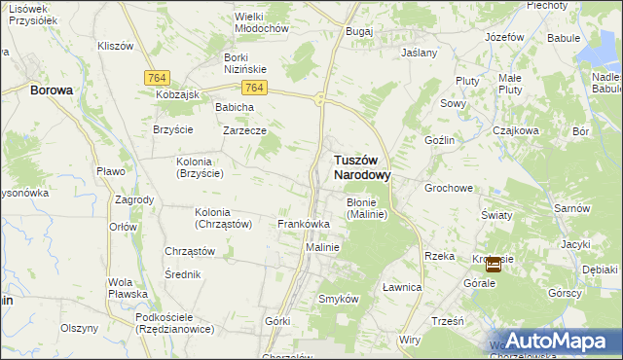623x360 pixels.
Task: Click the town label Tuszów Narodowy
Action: click(x=349, y=166)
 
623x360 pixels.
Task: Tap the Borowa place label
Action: click(x=52, y=90)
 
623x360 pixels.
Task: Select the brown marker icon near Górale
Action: click(x=494, y=263)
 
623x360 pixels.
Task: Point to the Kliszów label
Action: click(x=116, y=46)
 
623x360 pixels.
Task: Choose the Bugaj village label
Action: click(x=359, y=31)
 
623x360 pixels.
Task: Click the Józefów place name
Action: click(x=504, y=36)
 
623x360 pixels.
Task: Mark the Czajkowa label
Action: click(x=515, y=129)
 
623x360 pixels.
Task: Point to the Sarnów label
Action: click(x=571, y=208)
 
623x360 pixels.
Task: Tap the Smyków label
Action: click(x=340, y=299)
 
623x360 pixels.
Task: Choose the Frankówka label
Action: click(x=304, y=224)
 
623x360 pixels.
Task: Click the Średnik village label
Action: click(x=183, y=274)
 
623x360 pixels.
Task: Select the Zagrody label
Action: click(x=134, y=199)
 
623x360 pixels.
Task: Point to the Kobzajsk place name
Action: click(x=177, y=95)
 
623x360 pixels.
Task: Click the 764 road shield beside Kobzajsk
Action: click(x=156, y=77)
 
